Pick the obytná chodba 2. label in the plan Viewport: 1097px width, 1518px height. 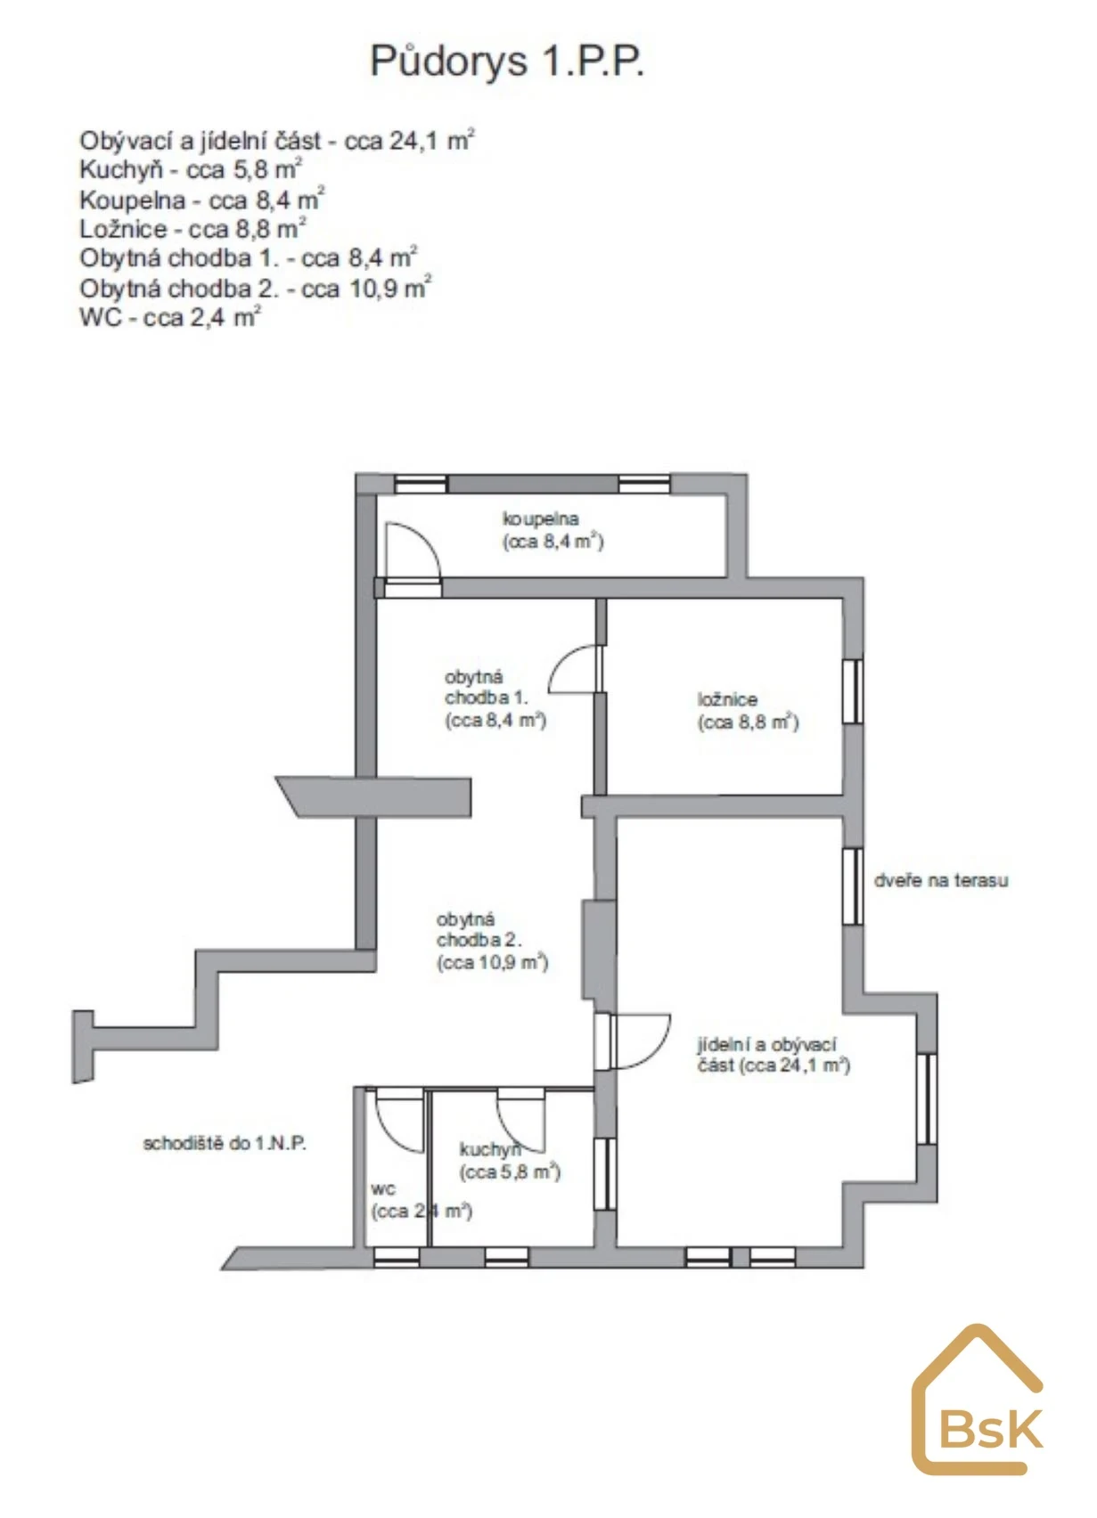[x=492, y=942]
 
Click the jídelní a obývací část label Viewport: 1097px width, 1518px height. [x=774, y=1055]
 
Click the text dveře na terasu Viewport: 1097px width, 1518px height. [x=941, y=880]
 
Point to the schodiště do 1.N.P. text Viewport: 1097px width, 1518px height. [x=225, y=1143]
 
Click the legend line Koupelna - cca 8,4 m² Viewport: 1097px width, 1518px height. [x=202, y=199]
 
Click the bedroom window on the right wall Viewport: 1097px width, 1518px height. [x=853, y=690]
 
